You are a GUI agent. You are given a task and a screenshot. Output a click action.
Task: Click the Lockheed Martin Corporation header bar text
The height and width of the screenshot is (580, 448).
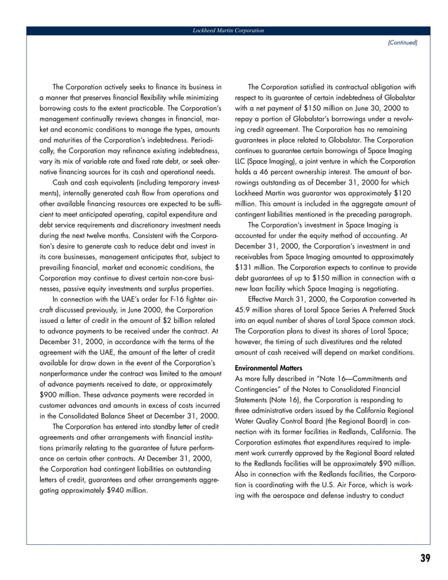point(228,31)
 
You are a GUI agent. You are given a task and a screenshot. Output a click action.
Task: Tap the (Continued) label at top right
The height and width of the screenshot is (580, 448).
point(402,42)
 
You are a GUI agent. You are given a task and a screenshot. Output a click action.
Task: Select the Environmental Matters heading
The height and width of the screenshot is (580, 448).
point(267,367)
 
